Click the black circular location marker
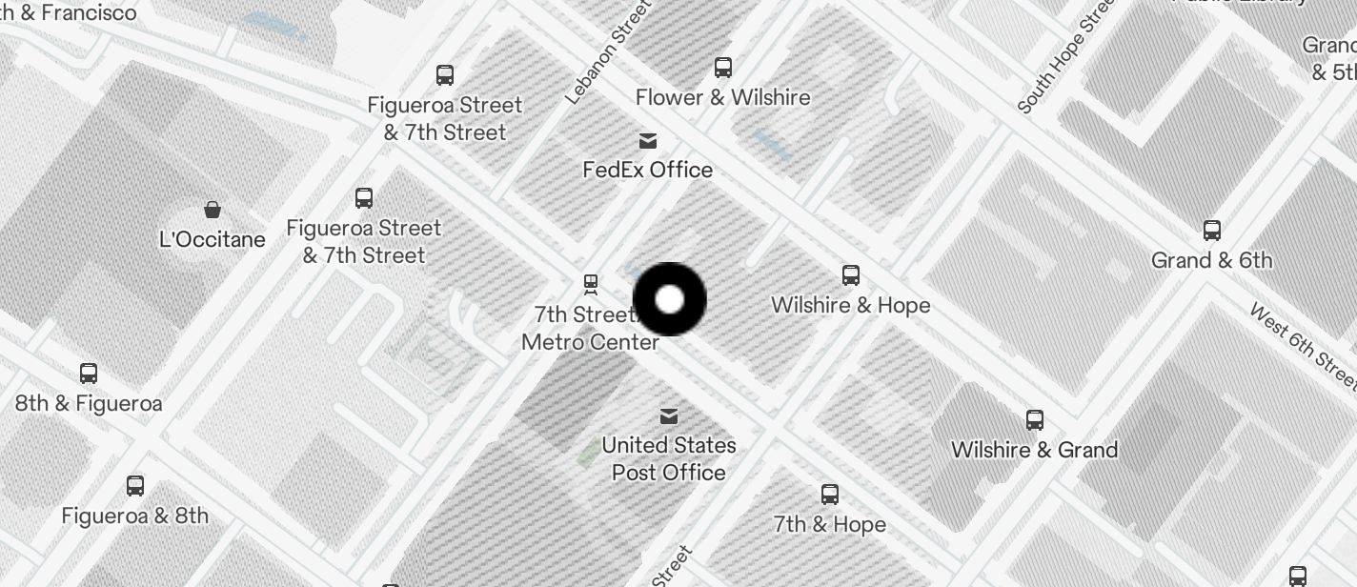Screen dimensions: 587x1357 pyautogui.click(x=670, y=299)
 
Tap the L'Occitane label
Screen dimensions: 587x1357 pyautogui.click(x=213, y=239)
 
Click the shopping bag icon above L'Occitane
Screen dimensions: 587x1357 pyautogui.click(x=213, y=209)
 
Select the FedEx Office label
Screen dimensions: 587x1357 pyautogui.click(x=648, y=170)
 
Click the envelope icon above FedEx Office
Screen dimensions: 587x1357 pyautogui.click(x=648, y=141)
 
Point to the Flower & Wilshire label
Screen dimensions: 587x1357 pyautogui.click(x=722, y=97)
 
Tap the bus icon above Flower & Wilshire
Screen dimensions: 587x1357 pyautogui.click(x=723, y=68)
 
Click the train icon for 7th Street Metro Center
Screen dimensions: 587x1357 pyautogui.click(x=591, y=283)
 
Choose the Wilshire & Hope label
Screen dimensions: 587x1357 pyautogui.click(x=850, y=305)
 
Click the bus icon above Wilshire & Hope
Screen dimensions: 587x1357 pyautogui.click(x=851, y=275)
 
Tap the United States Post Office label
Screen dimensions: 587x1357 pyautogui.click(x=669, y=458)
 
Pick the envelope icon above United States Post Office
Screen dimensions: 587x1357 pyautogui.click(x=669, y=416)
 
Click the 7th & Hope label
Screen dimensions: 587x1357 pyautogui.click(x=829, y=524)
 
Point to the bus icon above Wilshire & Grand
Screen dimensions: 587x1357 pyautogui.click(x=1035, y=419)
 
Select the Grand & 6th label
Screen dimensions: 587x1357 pyautogui.click(x=1211, y=260)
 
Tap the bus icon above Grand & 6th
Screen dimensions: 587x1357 pyautogui.click(x=1212, y=231)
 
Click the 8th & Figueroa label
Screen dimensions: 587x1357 pyautogui.click(x=89, y=403)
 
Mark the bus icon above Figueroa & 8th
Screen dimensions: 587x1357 pyautogui.click(x=135, y=486)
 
